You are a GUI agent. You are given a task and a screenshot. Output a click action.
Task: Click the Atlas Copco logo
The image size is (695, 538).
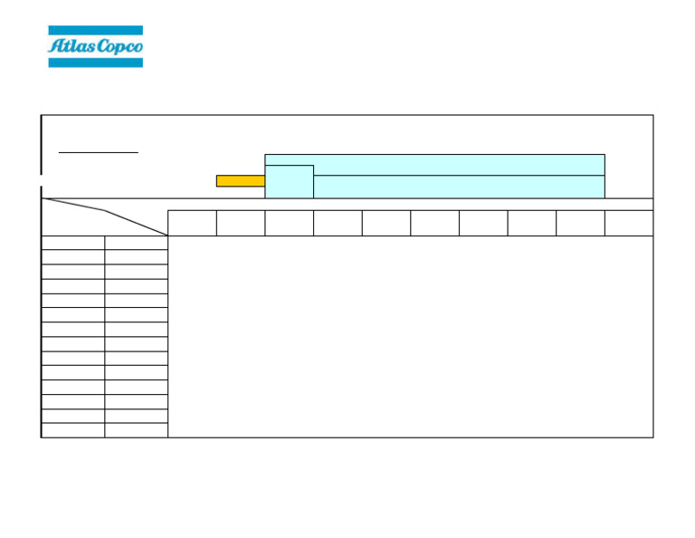pyautogui.click(x=95, y=46)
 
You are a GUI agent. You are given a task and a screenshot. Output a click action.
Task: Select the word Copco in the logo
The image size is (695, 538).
pyautogui.click(x=119, y=47)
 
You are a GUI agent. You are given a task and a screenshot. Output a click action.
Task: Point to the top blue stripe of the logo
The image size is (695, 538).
pyautogui.click(x=95, y=31)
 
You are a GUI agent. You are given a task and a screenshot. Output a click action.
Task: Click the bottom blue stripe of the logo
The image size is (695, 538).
pyautogui.click(x=95, y=62)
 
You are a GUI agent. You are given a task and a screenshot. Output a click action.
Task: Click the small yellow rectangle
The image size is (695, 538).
pyautogui.click(x=240, y=181)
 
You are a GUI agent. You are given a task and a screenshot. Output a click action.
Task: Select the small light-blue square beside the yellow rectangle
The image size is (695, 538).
pyautogui.click(x=289, y=181)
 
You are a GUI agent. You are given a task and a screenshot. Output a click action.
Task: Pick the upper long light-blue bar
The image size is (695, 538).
pyautogui.click(x=434, y=164)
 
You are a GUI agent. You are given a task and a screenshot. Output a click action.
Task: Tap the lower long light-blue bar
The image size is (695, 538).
pyautogui.click(x=459, y=187)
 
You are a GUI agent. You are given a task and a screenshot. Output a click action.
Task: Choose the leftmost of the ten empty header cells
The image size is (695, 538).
pyautogui.click(x=192, y=223)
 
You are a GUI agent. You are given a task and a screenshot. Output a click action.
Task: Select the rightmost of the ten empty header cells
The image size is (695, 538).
pyautogui.click(x=629, y=223)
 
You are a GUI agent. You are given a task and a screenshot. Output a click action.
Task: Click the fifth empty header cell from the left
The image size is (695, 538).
pyautogui.click(x=386, y=223)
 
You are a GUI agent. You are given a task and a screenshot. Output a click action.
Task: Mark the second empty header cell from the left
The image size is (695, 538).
pyautogui.click(x=241, y=223)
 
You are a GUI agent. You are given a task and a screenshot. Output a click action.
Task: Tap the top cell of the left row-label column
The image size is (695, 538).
pyautogui.click(x=73, y=243)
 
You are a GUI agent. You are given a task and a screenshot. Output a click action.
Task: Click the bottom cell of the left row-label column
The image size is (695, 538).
pyautogui.click(x=73, y=430)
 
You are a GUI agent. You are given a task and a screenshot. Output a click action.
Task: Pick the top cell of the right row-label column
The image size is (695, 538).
pyautogui.click(x=136, y=243)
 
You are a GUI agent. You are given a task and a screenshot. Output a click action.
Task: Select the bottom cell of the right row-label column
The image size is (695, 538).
pyautogui.click(x=136, y=430)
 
